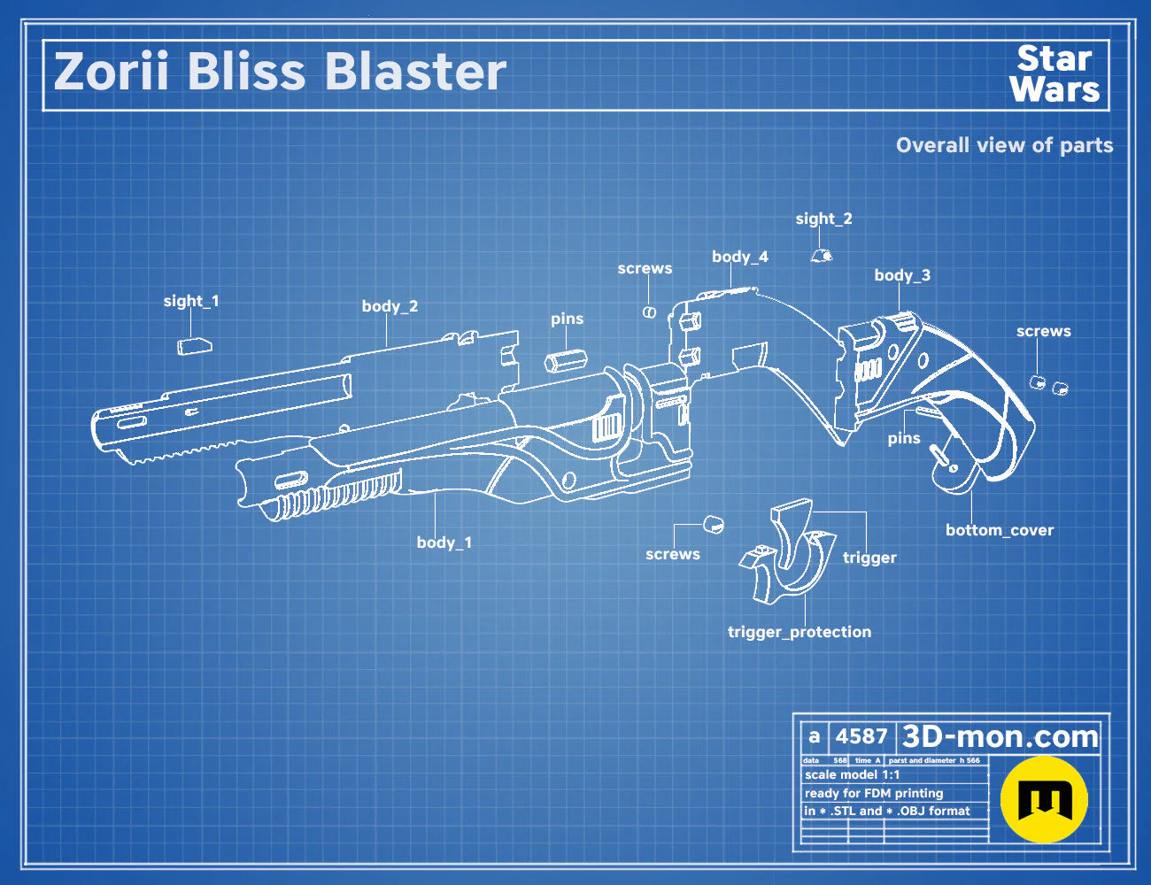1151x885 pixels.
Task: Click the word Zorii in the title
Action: click(x=111, y=71)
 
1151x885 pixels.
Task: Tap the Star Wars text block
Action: click(x=1054, y=74)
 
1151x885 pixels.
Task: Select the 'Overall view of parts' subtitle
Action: click(x=1004, y=145)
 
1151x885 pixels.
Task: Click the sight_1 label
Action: click(x=191, y=301)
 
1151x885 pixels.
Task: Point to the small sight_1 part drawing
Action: click(x=195, y=346)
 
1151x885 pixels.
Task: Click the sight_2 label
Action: click(x=823, y=219)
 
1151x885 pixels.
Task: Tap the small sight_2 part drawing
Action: click(x=822, y=255)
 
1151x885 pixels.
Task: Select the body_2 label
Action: click(x=390, y=306)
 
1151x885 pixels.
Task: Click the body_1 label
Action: click(x=444, y=543)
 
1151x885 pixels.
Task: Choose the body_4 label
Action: click(x=740, y=257)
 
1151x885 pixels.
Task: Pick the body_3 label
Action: click(x=902, y=275)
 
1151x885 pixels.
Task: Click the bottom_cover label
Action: click(x=1000, y=530)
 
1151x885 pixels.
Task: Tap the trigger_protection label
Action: click(x=800, y=632)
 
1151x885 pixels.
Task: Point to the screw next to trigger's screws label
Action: click(x=714, y=525)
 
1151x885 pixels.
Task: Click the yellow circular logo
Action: click(x=1044, y=799)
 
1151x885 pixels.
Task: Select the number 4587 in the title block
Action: click(x=861, y=736)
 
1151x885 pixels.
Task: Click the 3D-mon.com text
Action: click(x=1000, y=736)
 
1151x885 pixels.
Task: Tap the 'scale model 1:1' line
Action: click(x=853, y=775)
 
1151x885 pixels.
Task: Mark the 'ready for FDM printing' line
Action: click(x=874, y=793)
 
